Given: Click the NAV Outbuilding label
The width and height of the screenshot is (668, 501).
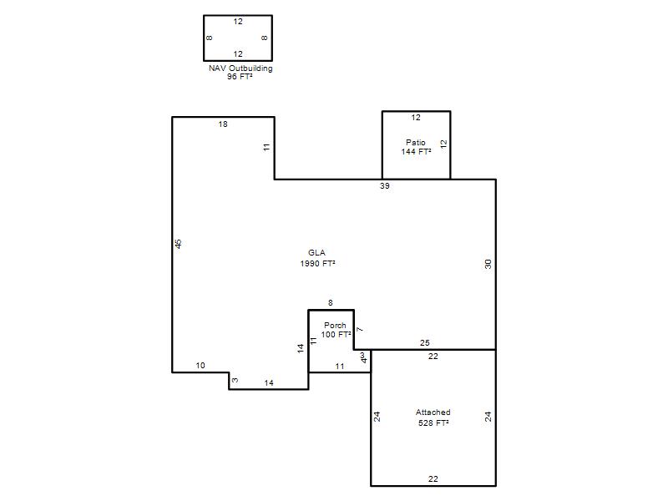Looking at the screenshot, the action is (240, 68).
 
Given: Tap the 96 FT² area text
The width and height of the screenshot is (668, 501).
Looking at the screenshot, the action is (240, 77).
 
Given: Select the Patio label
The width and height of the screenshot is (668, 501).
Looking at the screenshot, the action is (415, 142).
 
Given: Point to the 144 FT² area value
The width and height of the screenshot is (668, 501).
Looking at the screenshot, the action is (416, 151).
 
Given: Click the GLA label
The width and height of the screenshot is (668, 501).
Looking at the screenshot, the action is (317, 253).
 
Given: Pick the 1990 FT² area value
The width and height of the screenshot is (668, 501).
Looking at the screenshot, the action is (317, 264).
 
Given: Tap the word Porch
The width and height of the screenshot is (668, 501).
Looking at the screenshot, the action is (335, 326).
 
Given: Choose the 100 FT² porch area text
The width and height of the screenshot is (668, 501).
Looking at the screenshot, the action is (336, 335).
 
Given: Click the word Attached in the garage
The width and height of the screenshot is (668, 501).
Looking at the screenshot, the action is (433, 412).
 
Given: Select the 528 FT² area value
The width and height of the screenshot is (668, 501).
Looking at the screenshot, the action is (433, 423).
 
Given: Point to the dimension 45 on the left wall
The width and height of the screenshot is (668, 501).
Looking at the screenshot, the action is (179, 244).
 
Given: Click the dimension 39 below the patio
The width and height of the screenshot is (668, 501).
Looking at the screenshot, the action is (385, 185).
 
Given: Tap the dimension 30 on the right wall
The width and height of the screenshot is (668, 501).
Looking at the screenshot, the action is (488, 264).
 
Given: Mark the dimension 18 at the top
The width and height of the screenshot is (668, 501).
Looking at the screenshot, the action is (223, 124).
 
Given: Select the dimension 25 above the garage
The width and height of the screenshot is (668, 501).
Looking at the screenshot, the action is (425, 342).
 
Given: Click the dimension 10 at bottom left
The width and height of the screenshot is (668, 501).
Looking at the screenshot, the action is (200, 365).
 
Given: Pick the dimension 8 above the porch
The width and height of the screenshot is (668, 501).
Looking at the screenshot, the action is (330, 303).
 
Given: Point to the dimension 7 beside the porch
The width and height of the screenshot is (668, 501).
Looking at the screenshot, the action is (360, 329).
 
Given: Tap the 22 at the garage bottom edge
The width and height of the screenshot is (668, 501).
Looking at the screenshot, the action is (433, 478).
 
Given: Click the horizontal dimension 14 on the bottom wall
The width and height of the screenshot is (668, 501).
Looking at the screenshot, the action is (269, 383).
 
